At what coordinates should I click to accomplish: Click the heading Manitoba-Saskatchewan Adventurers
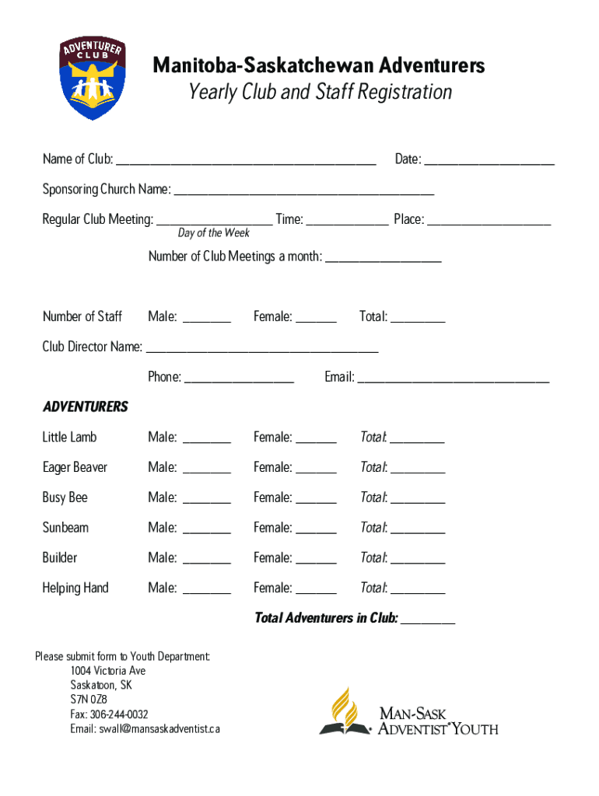click(318, 65)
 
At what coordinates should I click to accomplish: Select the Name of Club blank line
click(246, 161)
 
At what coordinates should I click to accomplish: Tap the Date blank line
click(489, 161)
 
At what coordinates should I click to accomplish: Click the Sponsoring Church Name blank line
click(303, 190)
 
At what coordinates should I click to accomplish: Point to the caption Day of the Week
click(214, 233)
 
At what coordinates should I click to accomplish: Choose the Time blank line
click(347, 221)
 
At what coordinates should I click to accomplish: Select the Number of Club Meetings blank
click(383, 258)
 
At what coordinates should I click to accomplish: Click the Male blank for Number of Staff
click(207, 318)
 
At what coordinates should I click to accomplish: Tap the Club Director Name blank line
click(262, 348)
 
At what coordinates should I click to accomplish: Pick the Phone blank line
click(240, 379)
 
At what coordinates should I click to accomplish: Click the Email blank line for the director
click(454, 379)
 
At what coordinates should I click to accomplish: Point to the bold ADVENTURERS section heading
click(85, 407)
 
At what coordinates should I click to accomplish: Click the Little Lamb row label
click(69, 438)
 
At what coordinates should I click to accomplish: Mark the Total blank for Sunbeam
click(417, 529)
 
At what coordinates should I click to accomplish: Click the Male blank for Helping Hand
click(207, 589)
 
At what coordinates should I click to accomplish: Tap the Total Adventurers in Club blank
click(428, 620)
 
